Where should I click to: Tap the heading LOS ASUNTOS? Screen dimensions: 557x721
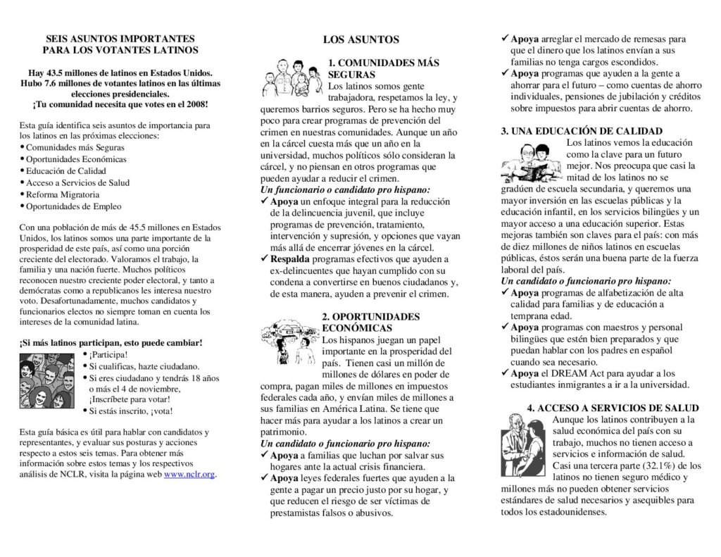tap(360, 40)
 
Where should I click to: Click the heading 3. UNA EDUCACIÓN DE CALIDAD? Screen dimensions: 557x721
tap(582, 131)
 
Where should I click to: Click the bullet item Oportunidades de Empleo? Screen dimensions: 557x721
tap(73, 207)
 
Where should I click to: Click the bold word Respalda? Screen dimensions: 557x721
tap(289, 259)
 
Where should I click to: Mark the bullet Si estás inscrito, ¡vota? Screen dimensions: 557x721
tap(130, 411)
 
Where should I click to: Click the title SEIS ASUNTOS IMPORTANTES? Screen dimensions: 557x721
tap(120, 39)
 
